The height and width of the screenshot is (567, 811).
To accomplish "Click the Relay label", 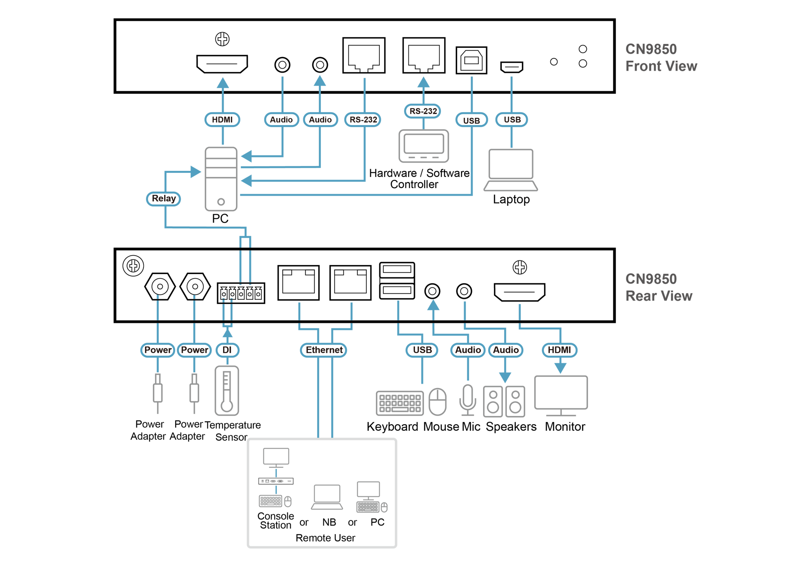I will coord(163,199).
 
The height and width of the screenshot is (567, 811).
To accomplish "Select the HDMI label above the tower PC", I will coord(222,120).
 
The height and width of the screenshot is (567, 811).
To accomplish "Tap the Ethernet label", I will coord(323,350).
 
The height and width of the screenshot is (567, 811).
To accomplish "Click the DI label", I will coord(227,350).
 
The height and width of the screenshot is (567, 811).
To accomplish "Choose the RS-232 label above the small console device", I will coord(423,111).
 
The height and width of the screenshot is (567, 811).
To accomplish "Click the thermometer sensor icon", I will coord(227,391).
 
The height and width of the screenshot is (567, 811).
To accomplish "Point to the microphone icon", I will coord(468,399).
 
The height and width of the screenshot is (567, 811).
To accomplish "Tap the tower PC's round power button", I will coord(221,202).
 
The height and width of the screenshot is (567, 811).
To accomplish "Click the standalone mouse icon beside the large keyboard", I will coord(437,402).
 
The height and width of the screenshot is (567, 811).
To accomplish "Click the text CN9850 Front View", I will coord(661,58).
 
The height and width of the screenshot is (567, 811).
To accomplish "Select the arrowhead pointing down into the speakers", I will coord(505,377).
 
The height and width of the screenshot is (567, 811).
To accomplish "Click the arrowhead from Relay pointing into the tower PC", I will coord(196,172).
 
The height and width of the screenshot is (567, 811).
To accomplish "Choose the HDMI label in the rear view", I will coord(559,350).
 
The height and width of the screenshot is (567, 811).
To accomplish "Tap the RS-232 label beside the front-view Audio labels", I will coord(363,120).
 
